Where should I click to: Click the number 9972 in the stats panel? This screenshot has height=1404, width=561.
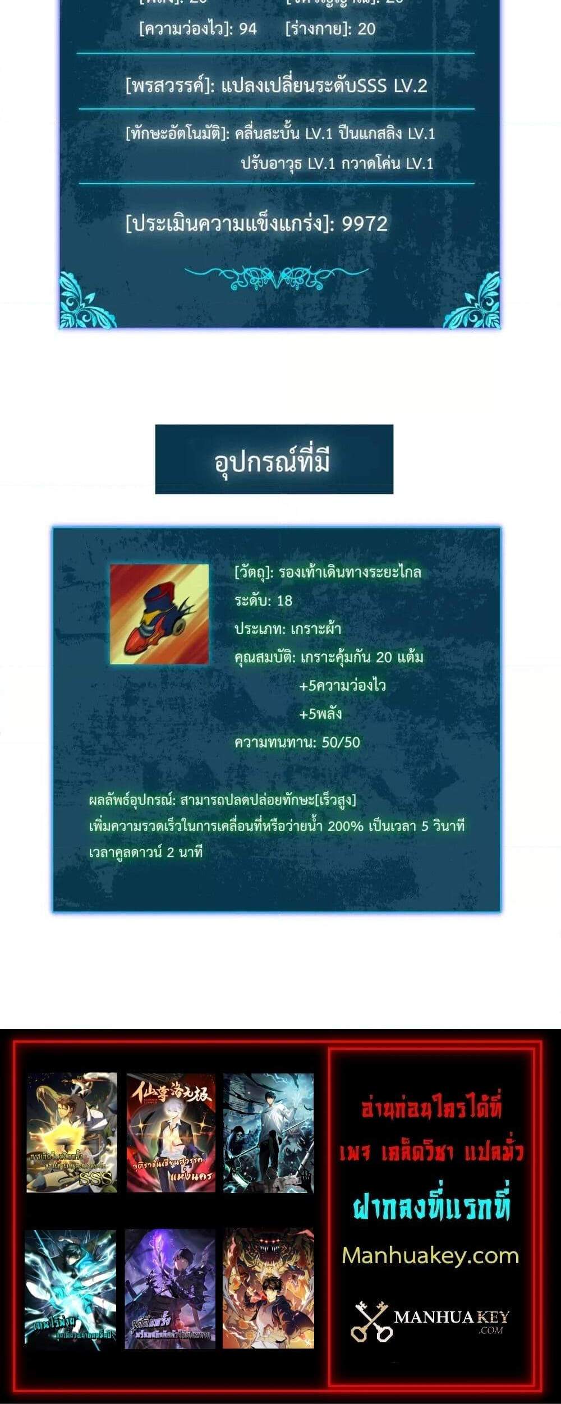pyautogui.click(x=365, y=224)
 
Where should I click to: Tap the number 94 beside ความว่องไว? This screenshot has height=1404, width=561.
pyautogui.click(x=248, y=29)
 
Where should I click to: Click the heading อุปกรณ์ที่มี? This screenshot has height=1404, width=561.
pyautogui.click(x=273, y=461)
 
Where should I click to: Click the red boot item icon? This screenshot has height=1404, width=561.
pyautogui.click(x=159, y=614)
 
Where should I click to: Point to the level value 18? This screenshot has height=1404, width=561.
pyautogui.click(x=284, y=601)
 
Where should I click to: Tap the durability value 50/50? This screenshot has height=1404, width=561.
pyautogui.click(x=341, y=742)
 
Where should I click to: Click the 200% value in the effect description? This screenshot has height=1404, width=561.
pyautogui.click(x=345, y=826)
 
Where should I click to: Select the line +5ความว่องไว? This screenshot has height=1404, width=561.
pyautogui.click(x=342, y=686)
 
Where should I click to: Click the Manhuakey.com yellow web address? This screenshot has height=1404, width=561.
pyautogui.click(x=430, y=1255)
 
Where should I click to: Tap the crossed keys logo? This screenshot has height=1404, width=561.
pyautogui.click(x=371, y=1322)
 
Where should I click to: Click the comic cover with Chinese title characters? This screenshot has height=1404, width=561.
pyautogui.click(x=171, y=1132)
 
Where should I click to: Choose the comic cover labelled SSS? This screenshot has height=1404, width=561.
pyautogui.click(x=72, y=1132)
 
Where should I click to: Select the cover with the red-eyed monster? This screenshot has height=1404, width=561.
pyautogui.click(x=268, y=1288)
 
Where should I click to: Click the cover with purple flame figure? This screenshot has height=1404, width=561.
pyautogui.click(x=170, y=1288)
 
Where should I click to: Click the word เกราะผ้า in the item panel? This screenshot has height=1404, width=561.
pyautogui.click(x=315, y=629)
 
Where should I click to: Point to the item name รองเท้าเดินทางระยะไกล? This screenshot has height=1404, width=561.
pyautogui.click(x=350, y=572)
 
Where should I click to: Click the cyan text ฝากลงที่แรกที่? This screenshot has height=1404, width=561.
pyautogui.click(x=431, y=1206)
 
